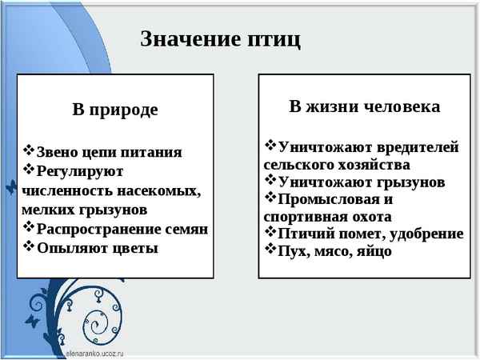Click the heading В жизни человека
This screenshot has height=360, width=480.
pos(364,106)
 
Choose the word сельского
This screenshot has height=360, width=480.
pos(297,165)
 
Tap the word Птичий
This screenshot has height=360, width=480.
pos(304,234)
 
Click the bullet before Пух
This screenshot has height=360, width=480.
pos(270,250)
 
